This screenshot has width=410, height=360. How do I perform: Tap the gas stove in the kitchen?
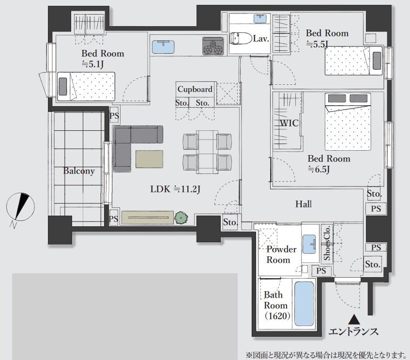[213, 46]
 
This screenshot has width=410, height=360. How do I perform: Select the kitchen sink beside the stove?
[163, 47]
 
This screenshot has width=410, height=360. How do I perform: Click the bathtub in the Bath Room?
[304, 304]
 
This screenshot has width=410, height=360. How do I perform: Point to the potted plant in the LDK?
[181, 218]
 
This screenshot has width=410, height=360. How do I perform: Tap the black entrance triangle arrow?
[355, 319]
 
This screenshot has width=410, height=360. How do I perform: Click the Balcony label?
[79, 171]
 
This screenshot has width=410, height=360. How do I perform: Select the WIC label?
[289, 123]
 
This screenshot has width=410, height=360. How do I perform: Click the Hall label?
[304, 204]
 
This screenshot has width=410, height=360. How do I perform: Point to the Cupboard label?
[195, 89]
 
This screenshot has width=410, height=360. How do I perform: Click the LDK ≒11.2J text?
[175, 189]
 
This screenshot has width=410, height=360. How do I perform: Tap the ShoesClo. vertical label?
[327, 243]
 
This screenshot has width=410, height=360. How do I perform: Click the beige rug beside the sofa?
[149, 159]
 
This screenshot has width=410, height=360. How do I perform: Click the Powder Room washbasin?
[309, 244]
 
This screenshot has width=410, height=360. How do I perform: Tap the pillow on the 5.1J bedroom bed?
[63, 86]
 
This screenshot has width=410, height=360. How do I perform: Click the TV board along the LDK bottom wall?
[148, 218]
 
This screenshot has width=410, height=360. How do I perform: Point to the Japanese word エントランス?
[353, 332]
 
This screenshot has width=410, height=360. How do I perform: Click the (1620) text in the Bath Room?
[277, 316]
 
